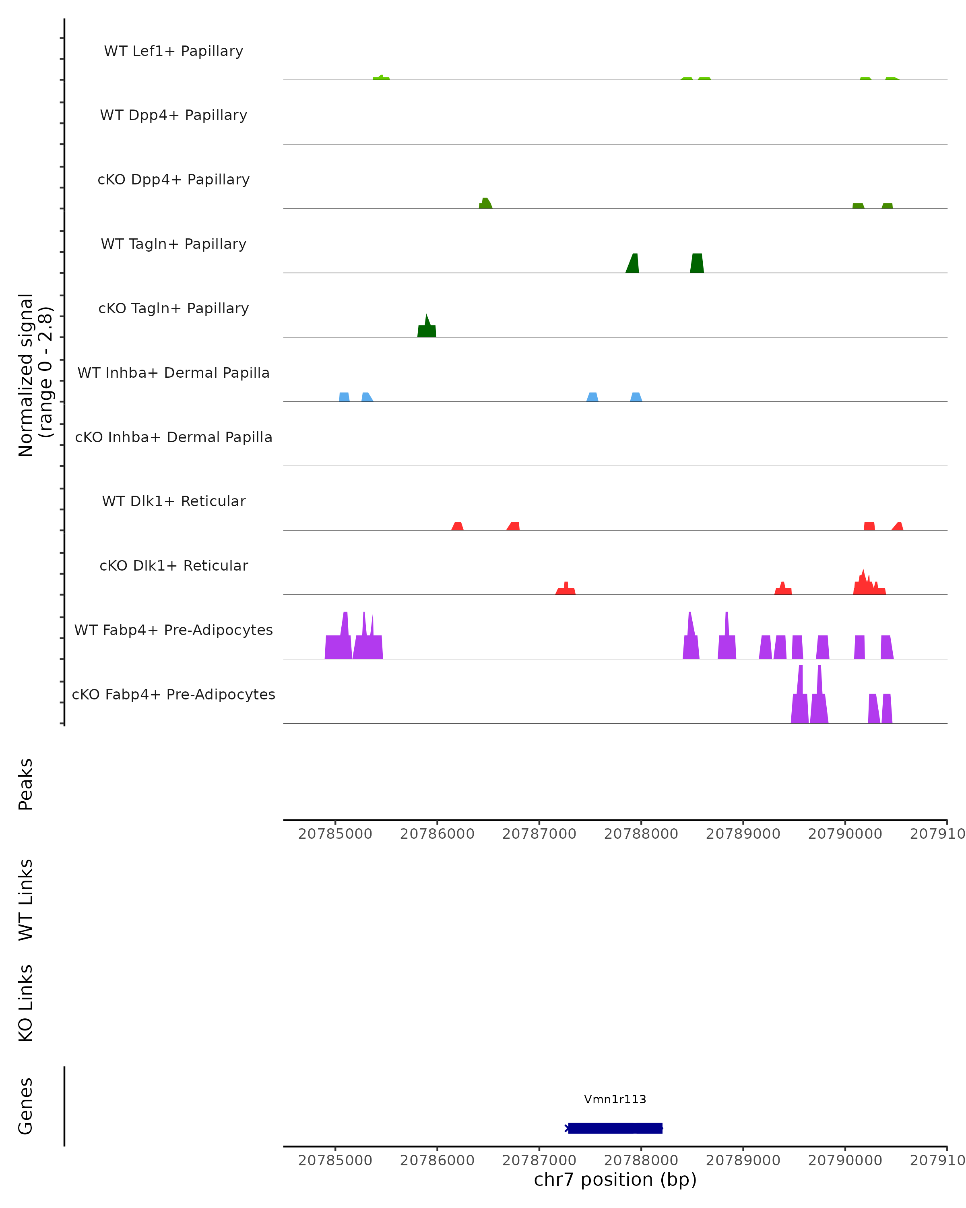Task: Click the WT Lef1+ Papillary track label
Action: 173,51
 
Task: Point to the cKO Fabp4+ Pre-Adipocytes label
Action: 173,694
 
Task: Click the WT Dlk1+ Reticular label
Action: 173,501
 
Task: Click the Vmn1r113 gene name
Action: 615,1099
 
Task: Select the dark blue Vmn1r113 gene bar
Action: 615,1128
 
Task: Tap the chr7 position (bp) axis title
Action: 615,1179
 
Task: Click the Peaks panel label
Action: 26,784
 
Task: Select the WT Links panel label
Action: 26,899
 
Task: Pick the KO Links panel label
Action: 26,1003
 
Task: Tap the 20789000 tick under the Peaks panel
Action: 743,834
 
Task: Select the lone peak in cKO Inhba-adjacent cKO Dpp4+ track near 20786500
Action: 485,204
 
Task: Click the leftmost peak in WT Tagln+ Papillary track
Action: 633,265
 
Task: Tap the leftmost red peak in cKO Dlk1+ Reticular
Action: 566,590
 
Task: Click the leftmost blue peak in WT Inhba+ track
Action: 345,397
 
